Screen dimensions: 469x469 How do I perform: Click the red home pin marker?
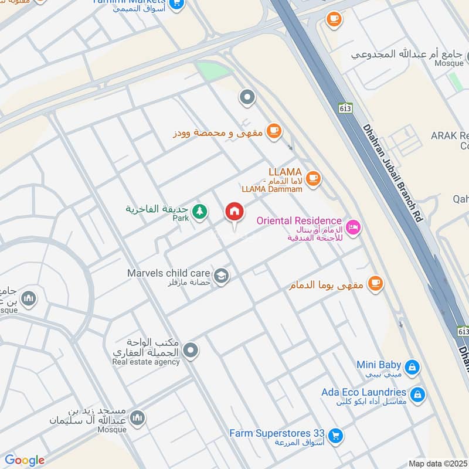tap(235, 212)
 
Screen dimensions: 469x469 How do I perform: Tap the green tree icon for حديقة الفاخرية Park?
tap(200, 211)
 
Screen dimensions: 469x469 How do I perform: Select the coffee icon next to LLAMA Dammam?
tap(313, 178)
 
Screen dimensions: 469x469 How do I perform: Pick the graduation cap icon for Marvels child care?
tap(221, 276)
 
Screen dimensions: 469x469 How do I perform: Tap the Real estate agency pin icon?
tap(190, 351)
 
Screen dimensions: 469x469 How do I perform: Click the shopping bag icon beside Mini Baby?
tap(412, 367)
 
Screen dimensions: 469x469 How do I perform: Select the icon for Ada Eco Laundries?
tap(417, 395)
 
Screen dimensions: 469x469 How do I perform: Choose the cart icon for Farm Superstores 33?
tap(335, 435)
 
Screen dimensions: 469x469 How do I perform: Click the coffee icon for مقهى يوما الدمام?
tap(375, 284)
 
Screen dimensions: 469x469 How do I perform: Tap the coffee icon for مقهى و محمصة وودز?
tap(273, 132)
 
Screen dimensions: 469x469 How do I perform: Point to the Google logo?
tap(25, 460)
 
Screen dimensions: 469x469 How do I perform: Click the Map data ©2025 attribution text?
tap(437, 463)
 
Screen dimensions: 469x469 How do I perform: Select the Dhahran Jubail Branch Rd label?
tap(392, 172)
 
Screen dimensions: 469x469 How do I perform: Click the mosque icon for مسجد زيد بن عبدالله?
tap(138, 417)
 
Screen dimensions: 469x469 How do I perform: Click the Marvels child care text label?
tap(169, 273)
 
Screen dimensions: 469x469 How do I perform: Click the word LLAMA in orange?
tap(285, 172)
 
